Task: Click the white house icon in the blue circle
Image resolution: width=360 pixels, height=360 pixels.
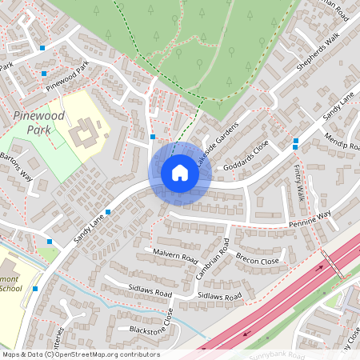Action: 179,173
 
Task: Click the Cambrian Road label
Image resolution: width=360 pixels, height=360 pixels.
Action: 214,258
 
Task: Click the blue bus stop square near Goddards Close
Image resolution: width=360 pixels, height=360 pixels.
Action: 295,142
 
